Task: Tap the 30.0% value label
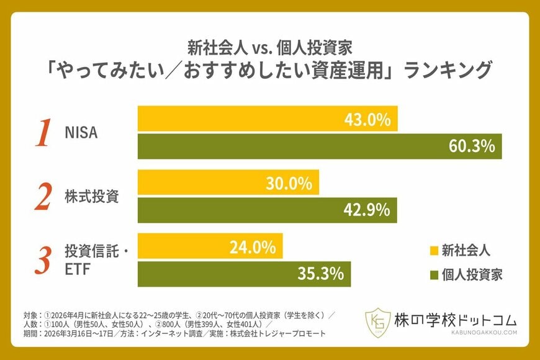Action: coord(289,183)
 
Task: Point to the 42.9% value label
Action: coord(366,210)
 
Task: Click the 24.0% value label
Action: coord(253,247)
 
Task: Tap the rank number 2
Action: coord(42,197)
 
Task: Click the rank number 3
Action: coord(42,261)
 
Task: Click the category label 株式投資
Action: coord(91,197)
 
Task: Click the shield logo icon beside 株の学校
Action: coord(378,323)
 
